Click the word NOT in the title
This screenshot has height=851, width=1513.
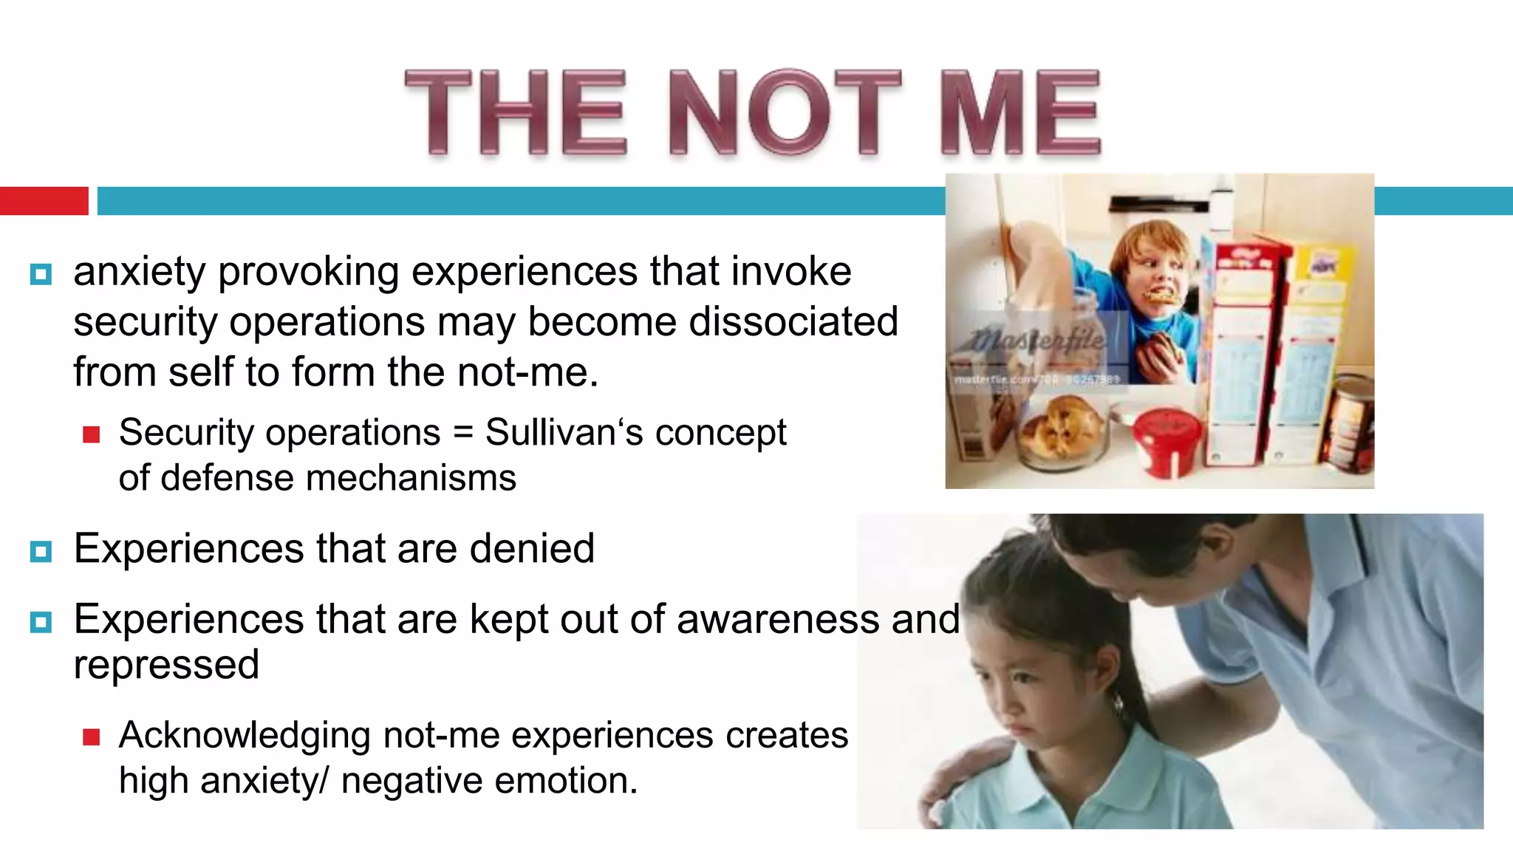785,112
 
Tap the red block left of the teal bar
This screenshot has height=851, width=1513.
44,201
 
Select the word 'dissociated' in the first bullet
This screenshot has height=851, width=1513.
793,321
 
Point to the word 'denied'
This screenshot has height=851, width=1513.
532,548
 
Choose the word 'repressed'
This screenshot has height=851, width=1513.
166,665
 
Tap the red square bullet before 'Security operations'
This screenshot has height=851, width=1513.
92,434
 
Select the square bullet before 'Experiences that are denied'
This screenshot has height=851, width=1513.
41,551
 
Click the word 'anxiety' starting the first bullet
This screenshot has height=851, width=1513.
139,272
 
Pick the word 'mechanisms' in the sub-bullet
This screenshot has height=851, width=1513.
411,478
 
